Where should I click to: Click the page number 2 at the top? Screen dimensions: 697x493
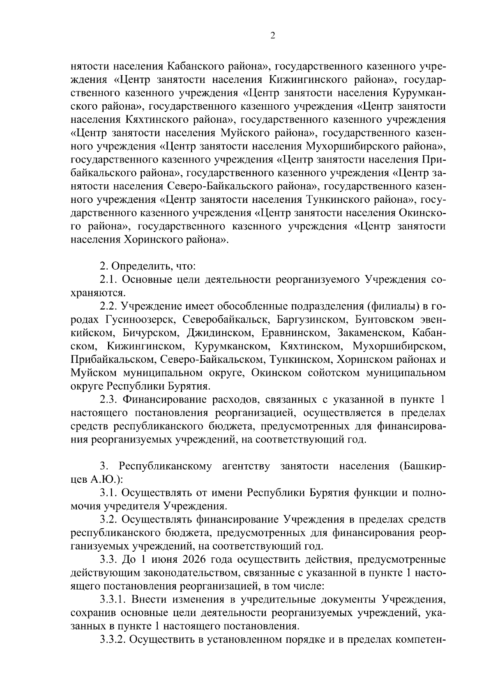pyautogui.click(x=272, y=36)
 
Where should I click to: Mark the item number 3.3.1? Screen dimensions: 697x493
pyautogui.click(x=113, y=599)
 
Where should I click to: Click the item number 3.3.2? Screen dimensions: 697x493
pyautogui.click(x=113, y=640)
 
